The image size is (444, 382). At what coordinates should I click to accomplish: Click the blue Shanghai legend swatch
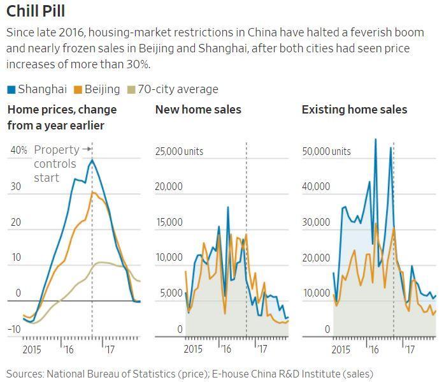(x=11, y=89)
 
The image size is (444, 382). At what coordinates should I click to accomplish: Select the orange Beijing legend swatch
(x=78, y=89)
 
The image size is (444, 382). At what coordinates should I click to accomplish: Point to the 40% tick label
(x=18, y=151)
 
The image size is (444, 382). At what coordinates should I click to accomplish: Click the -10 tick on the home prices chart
(x=15, y=329)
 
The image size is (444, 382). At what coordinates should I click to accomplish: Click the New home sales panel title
(x=198, y=110)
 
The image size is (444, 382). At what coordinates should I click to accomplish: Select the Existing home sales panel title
(x=354, y=110)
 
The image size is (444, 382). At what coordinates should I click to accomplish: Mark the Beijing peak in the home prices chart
(x=93, y=192)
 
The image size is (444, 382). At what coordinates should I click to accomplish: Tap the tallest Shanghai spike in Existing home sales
(x=375, y=139)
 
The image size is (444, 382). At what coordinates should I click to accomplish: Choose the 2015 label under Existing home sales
(x=341, y=350)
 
